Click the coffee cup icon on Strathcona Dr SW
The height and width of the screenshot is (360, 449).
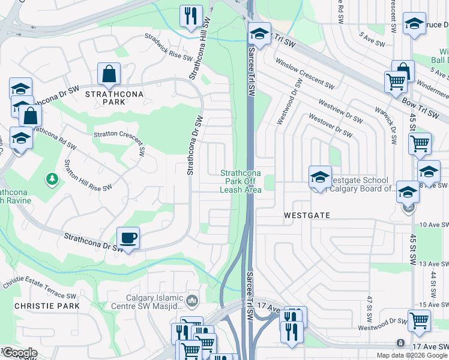point(128,238)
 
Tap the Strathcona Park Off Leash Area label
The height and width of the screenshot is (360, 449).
point(243,181)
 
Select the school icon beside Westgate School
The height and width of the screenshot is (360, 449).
point(321,177)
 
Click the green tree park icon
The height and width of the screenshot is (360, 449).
point(52,179)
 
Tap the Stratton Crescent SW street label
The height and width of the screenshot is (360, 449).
point(119,139)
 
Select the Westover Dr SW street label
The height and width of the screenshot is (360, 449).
point(330,125)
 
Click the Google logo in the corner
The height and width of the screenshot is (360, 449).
point(19,353)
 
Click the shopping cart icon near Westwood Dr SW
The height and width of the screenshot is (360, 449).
point(418,320)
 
